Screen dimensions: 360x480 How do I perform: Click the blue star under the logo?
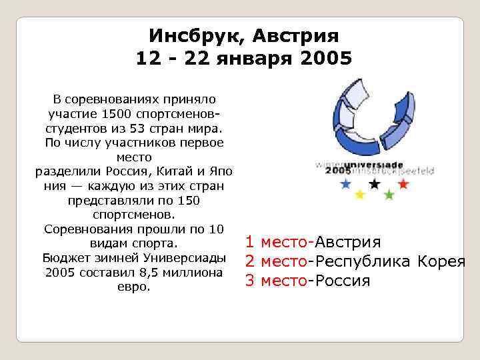pos(345,184)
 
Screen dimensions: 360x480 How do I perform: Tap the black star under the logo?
pos(374,184)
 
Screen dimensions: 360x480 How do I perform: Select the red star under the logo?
pos(403,184)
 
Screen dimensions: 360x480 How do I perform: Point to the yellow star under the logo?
pos(360,195)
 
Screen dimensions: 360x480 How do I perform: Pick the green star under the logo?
pos(389,195)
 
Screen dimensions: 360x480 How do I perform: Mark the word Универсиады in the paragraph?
pos(187,259)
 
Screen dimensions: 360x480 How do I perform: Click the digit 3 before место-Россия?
pos(250,280)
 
